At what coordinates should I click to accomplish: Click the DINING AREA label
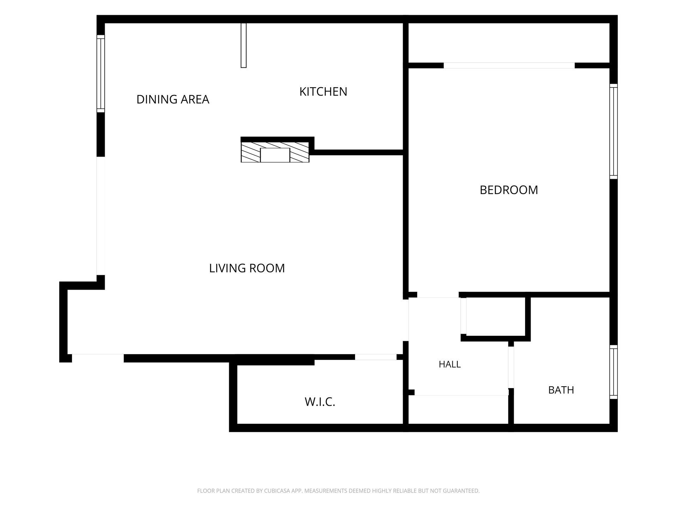[173, 99]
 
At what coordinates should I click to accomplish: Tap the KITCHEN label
[323, 92]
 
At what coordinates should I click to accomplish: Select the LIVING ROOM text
[247, 268]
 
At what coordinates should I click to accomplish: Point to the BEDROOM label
[509, 190]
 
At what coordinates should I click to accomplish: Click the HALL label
[450, 364]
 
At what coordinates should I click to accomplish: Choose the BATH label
[561, 390]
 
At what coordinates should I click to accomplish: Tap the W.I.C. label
[320, 402]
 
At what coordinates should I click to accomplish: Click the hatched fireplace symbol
[275, 152]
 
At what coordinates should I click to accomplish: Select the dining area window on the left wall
[101, 74]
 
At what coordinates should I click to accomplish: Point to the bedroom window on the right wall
[614, 131]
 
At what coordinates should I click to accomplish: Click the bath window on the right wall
[614, 372]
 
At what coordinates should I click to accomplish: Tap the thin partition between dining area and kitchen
[244, 45]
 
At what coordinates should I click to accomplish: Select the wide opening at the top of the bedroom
[509, 65]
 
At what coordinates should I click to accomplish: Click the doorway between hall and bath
[511, 367]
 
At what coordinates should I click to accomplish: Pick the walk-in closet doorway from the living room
[376, 357]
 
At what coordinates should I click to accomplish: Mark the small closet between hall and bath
[495, 316]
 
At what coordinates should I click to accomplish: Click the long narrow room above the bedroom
[509, 43]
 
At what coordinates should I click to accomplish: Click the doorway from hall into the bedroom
[438, 295]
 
